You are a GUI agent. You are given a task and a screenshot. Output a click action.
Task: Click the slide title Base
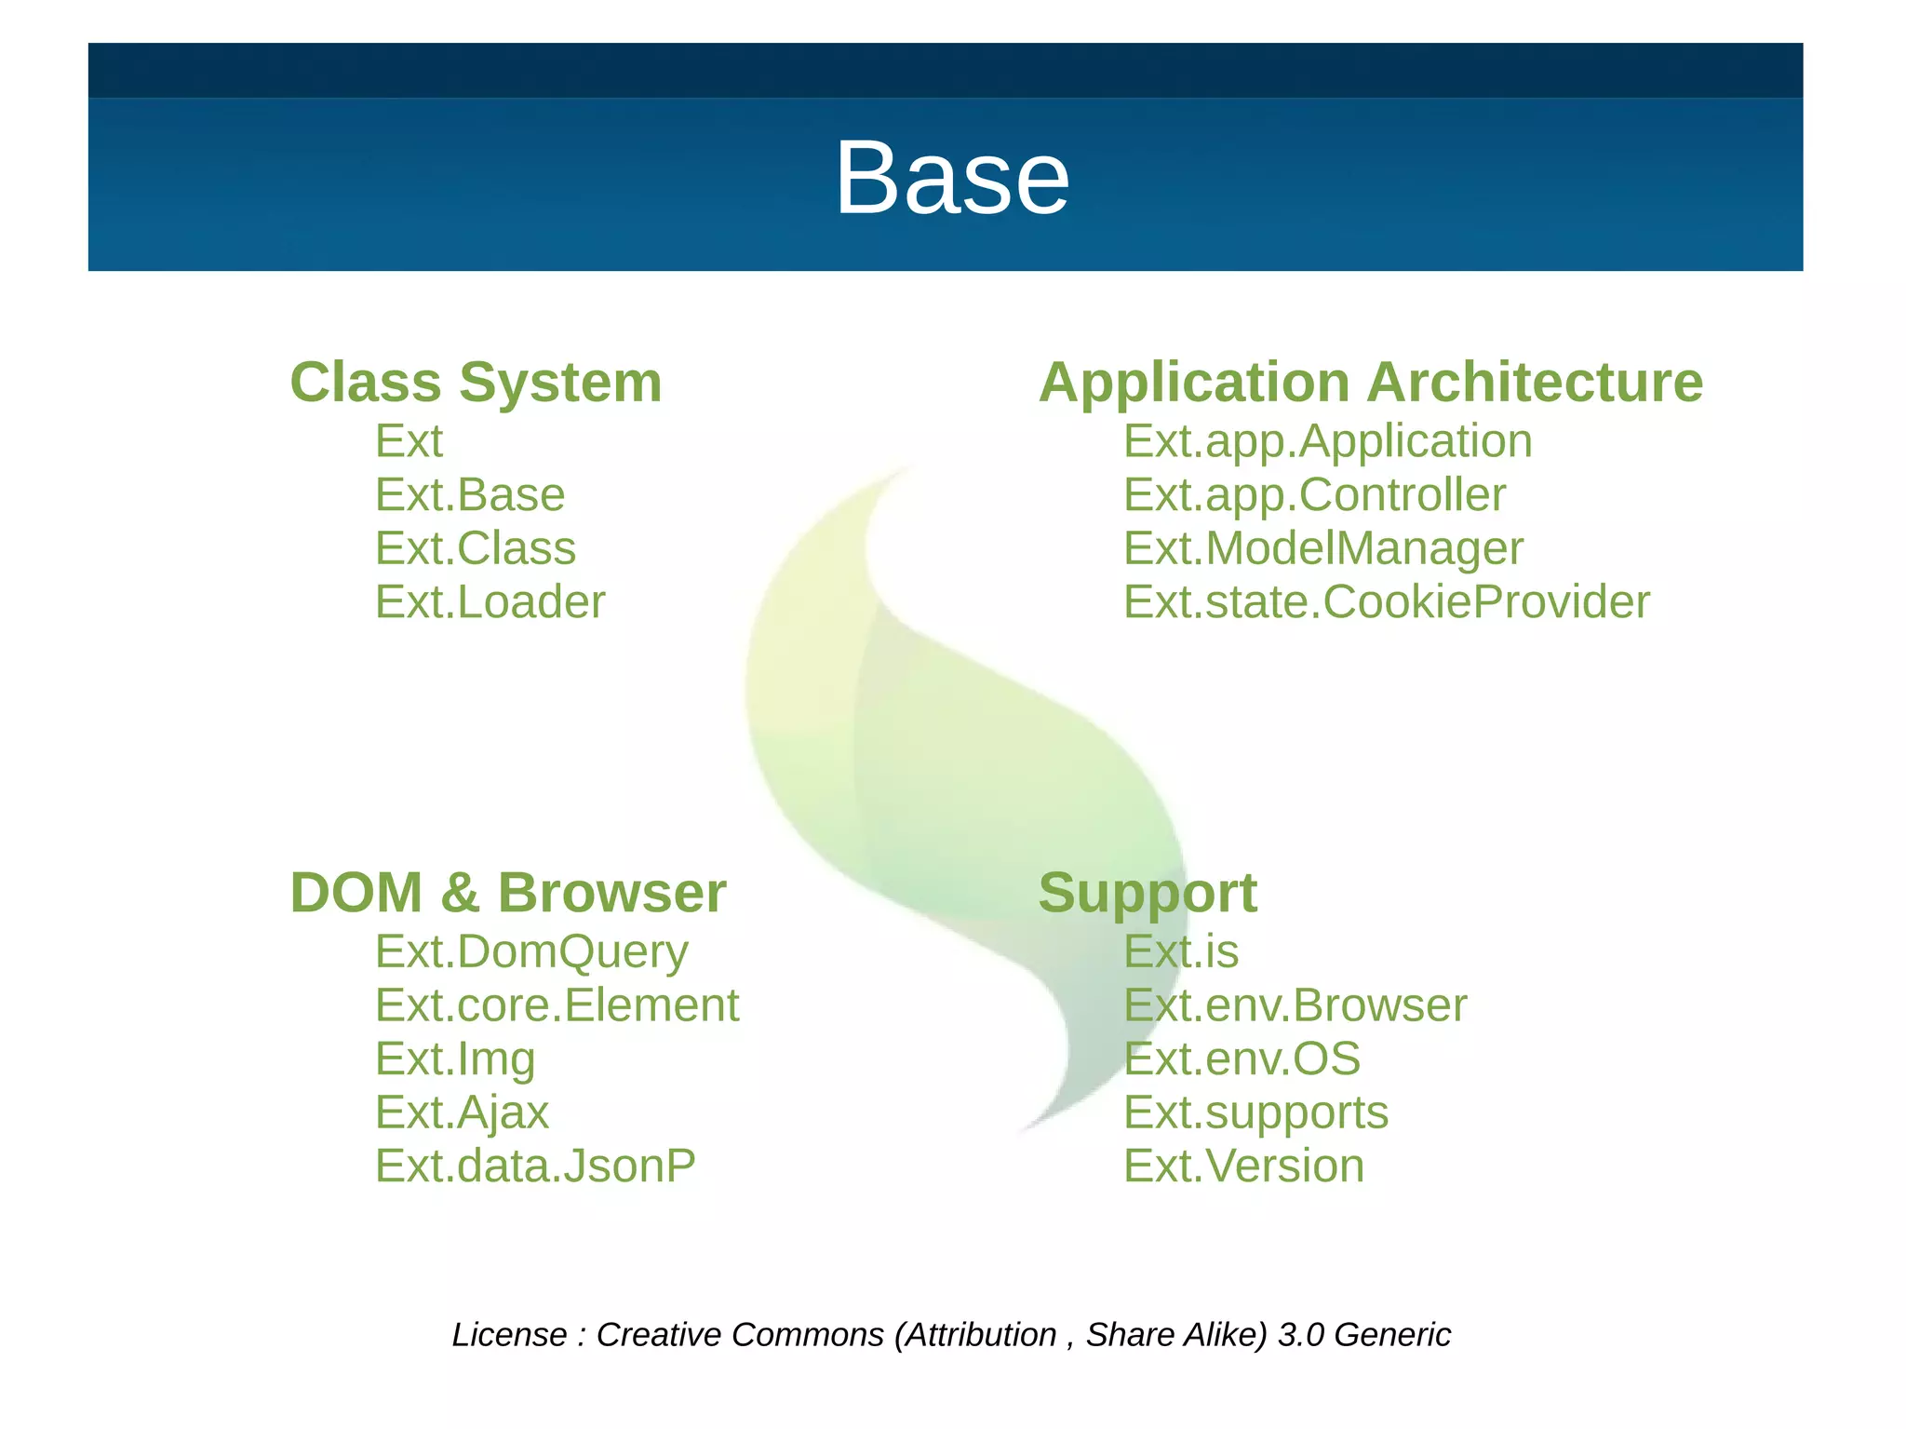click(x=951, y=177)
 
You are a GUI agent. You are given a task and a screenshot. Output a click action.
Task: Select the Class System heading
click(x=476, y=382)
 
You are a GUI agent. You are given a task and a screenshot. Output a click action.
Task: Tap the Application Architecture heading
click(x=1370, y=382)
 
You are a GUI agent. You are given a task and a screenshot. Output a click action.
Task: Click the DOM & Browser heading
click(x=507, y=892)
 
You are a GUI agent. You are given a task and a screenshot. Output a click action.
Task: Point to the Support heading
click(x=1147, y=892)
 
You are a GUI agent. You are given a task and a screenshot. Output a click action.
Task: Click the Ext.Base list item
click(x=469, y=494)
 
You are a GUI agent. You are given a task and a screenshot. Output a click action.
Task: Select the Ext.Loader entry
click(x=490, y=601)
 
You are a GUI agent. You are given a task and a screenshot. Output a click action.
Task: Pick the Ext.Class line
click(x=475, y=547)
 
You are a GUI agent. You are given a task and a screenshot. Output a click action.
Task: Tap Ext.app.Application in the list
click(x=1327, y=440)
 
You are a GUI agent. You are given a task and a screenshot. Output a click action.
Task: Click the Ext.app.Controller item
click(x=1314, y=494)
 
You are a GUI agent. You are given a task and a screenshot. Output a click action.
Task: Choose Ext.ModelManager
click(x=1322, y=547)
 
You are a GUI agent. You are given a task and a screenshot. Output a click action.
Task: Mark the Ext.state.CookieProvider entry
click(x=1386, y=601)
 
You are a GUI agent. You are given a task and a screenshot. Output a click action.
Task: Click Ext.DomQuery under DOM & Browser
click(x=531, y=951)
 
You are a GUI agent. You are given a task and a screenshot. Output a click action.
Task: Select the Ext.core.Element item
click(x=557, y=1005)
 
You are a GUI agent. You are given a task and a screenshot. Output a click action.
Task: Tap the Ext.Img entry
click(x=455, y=1058)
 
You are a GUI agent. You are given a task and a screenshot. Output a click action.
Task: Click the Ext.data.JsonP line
click(x=535, y=1166)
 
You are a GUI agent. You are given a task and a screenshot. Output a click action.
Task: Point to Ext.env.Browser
click(x=1295, y=1005)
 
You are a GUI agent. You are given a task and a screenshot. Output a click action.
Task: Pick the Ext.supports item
click(x=1255, y=1112)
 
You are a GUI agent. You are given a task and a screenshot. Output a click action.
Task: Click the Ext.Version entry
click(x=1243, y=1166)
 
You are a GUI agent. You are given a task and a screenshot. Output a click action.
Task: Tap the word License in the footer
click(x=509, y=1334)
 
